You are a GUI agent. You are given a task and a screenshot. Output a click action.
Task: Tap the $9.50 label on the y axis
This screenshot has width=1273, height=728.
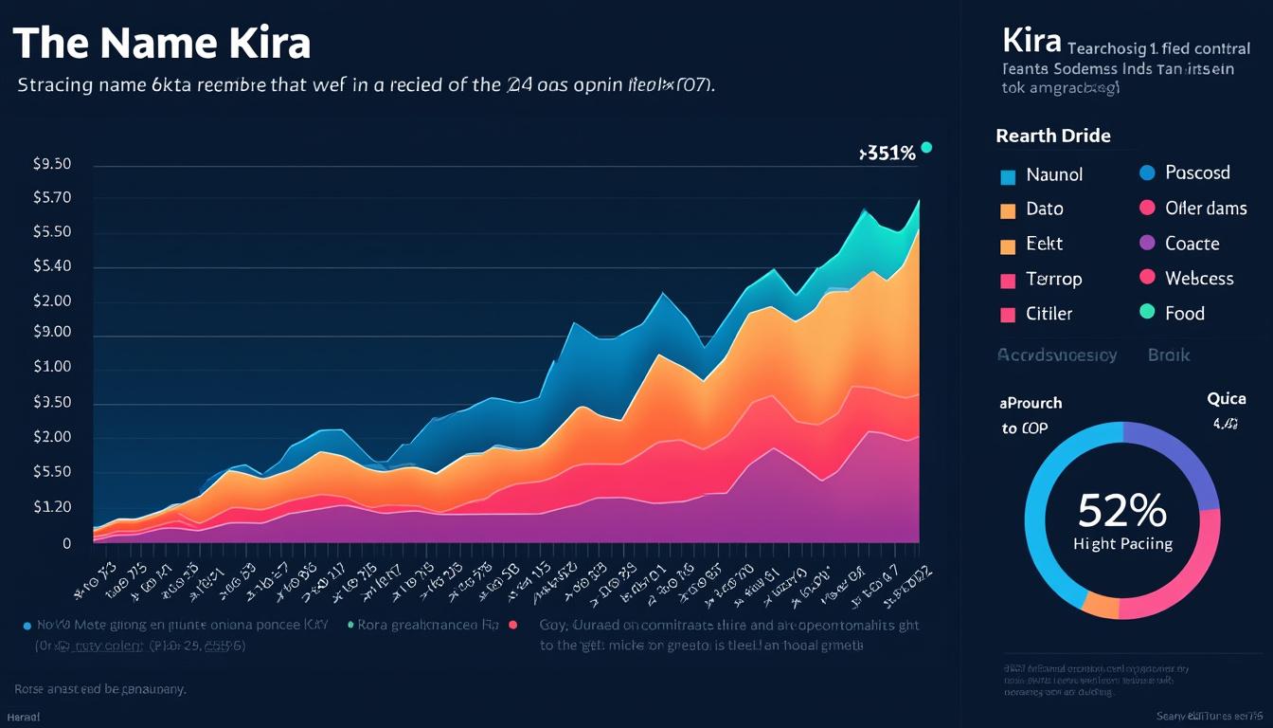(x=52, y=164)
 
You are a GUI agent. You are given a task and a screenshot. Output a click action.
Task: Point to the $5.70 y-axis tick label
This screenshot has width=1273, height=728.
(x=52, y=198)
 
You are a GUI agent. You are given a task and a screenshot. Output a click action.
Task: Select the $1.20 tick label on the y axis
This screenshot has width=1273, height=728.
(x=52, y=507)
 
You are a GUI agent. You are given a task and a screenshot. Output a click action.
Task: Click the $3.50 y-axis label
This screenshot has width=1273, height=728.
(x=52, y=403)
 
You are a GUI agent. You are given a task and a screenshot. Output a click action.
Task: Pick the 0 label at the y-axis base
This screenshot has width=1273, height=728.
(x=67, y=544)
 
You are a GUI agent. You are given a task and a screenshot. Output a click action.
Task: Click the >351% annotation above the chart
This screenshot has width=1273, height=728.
(x=887, y=154)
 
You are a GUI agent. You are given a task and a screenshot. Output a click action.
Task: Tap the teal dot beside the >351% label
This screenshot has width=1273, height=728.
(x=926, y=147)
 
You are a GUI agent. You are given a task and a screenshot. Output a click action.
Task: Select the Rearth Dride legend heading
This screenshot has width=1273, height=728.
(x=1053, y=136)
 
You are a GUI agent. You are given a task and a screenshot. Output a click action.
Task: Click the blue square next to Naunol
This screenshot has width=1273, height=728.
(x=1008, y=176)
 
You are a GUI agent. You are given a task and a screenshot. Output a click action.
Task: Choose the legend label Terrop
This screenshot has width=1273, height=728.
(x=1054, y=279)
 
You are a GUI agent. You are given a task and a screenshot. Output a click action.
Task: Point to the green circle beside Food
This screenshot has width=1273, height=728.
(x=1147, y=312)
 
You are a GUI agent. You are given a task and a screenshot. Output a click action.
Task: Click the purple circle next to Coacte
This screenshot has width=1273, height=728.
(x=1147, y=243)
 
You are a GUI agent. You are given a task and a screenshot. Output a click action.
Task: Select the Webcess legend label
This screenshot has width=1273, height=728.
(x=1199, y=278)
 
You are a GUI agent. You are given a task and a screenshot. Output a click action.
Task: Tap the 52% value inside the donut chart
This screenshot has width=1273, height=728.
(x=1122, y=512)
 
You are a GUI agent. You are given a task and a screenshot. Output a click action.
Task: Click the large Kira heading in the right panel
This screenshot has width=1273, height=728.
(x=1030, y=44)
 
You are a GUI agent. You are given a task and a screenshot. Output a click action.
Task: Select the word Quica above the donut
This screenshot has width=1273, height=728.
(x=1226, y=399)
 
